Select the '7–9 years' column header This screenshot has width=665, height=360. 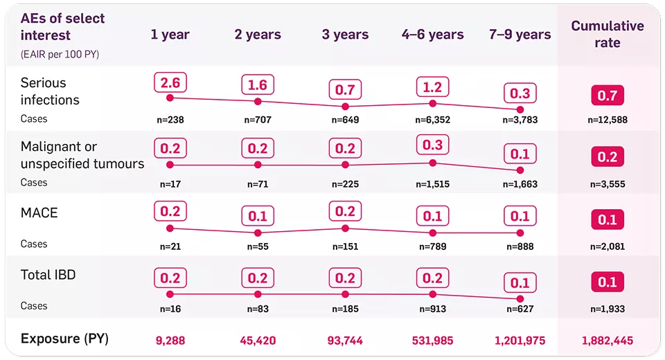tap(520, 35)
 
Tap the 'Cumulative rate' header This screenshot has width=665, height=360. tap(607, 35)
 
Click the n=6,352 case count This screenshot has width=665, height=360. tap(433, 120)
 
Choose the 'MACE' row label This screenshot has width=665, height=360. tap(39, 213)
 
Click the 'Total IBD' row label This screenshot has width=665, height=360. tap(48, 275)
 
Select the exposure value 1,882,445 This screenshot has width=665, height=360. tap(607, 340)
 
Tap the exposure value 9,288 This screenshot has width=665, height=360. tap(170, 340)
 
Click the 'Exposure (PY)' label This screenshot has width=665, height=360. tap(64, 339)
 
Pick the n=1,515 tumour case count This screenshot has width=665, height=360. tap(433, 184)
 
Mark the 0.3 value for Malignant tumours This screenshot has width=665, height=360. tap(433, 144)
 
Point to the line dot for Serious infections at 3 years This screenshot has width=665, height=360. tap(345, 107)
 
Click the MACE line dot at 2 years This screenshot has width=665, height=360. tap(258, 233)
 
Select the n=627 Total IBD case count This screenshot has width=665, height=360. tap(520, 309)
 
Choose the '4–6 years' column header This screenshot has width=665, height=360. tap(433, 35)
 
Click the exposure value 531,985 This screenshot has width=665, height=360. tap(433, 340)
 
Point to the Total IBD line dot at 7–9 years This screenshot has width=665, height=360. tap(520, 299)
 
